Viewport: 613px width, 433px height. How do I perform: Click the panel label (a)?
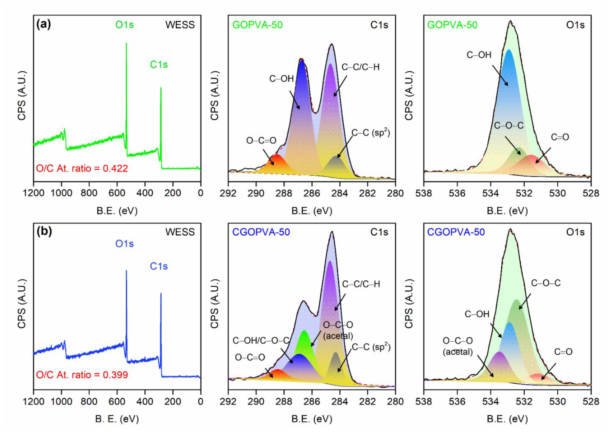coord(43,25)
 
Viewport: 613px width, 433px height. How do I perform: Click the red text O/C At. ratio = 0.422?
coord(82,168)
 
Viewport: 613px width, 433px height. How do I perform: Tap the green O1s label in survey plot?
coord(124,25)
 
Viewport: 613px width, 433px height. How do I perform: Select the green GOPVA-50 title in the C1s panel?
coord(257,25)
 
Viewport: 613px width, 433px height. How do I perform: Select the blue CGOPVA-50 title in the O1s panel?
coord(456,232)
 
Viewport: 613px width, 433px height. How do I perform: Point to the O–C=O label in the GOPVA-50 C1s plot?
coord(261,141)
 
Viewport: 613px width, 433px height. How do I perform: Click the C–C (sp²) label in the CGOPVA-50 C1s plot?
coord(371,347)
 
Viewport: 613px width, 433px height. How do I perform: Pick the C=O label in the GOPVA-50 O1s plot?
coord(560,137)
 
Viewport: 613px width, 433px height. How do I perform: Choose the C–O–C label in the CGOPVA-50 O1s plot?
coord(546,283)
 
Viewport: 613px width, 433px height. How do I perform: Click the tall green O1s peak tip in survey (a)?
coord(126,44)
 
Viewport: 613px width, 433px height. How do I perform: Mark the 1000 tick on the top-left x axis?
coord(61,193)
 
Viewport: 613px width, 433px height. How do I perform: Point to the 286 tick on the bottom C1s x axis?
coord(312,401)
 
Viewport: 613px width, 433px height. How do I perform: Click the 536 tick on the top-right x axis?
coord(457,193)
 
